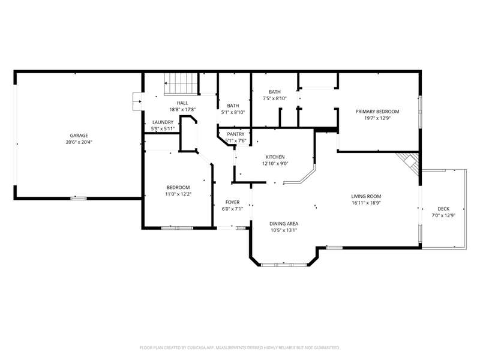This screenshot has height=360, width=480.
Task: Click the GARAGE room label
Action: pyautogui.click(x=79, y=136)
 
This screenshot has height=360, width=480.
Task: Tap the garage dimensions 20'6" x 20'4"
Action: pyautogui.click(x=79, y=142)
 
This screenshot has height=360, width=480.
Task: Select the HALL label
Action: pyautogui.click(x=182, y=103)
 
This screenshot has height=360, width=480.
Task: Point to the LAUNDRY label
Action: pyautogui.click(x=163, y=122)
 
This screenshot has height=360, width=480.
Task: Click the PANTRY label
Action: pyautogui.click(x=236, y=134)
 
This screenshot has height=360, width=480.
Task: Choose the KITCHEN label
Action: pyautogui.click(x=275, y=157)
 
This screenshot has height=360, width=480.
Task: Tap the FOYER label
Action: pyautogui.click(x=232, y=202)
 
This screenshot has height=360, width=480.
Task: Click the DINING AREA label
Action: pyautogui.click(x=284, y=224)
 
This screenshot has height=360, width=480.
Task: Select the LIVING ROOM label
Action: pyautogui.click(x=366, y=196)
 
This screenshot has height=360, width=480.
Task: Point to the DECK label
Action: pyautogui.click(x=443, y=209)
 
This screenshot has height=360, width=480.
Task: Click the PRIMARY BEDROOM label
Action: pyautogui.click(x=377, y=112)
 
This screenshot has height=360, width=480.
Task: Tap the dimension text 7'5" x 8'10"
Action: pyautogui.click(x=275, y=98)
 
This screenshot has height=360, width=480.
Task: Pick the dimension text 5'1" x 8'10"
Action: pyautogui.click(x=233, y=112)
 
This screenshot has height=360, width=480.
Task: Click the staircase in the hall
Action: pyautogui.click(x=180, y=84)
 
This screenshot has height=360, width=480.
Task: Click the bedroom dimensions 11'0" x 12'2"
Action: pyautogui.click(x=178, y=194)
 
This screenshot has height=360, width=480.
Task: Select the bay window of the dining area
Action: pyautogui.click(x=284, y=264)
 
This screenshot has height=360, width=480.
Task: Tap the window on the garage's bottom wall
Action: pyautogui.click(x=79, y=199)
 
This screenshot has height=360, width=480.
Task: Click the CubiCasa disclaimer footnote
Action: pyautogui.click(x=239, y=348)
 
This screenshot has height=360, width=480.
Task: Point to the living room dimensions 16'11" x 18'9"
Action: pyautogui.click(x=366, y=203)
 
